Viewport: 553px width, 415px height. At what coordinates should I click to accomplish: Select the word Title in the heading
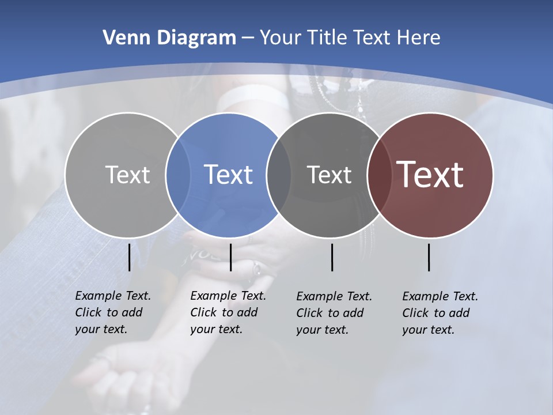point(328,38)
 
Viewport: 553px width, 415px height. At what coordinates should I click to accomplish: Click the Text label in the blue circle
point(228,175)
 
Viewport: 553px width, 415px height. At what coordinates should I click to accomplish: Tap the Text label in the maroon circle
point(430,175)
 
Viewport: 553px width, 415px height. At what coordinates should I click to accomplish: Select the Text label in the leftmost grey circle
point(127,175)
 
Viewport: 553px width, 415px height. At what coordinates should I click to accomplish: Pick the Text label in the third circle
point(329,175)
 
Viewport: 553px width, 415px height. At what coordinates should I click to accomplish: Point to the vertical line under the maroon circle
point(429,257)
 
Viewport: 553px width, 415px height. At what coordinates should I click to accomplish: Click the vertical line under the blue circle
point(230,257)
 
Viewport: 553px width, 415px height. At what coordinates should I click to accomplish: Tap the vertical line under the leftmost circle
point(129,257)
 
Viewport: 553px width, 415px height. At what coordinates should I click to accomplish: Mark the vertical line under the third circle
point(332,257)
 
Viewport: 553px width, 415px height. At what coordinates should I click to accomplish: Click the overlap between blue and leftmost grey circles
point(178,175)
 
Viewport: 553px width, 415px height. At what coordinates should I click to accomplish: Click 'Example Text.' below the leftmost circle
point(113,296)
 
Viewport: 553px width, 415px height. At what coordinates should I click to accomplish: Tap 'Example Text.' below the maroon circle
point(440,296)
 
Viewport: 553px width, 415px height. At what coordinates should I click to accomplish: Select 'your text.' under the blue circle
point(216,329)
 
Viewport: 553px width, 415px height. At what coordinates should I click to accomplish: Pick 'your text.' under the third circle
point(322,330)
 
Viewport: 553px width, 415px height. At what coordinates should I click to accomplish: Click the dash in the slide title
point(248,39)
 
